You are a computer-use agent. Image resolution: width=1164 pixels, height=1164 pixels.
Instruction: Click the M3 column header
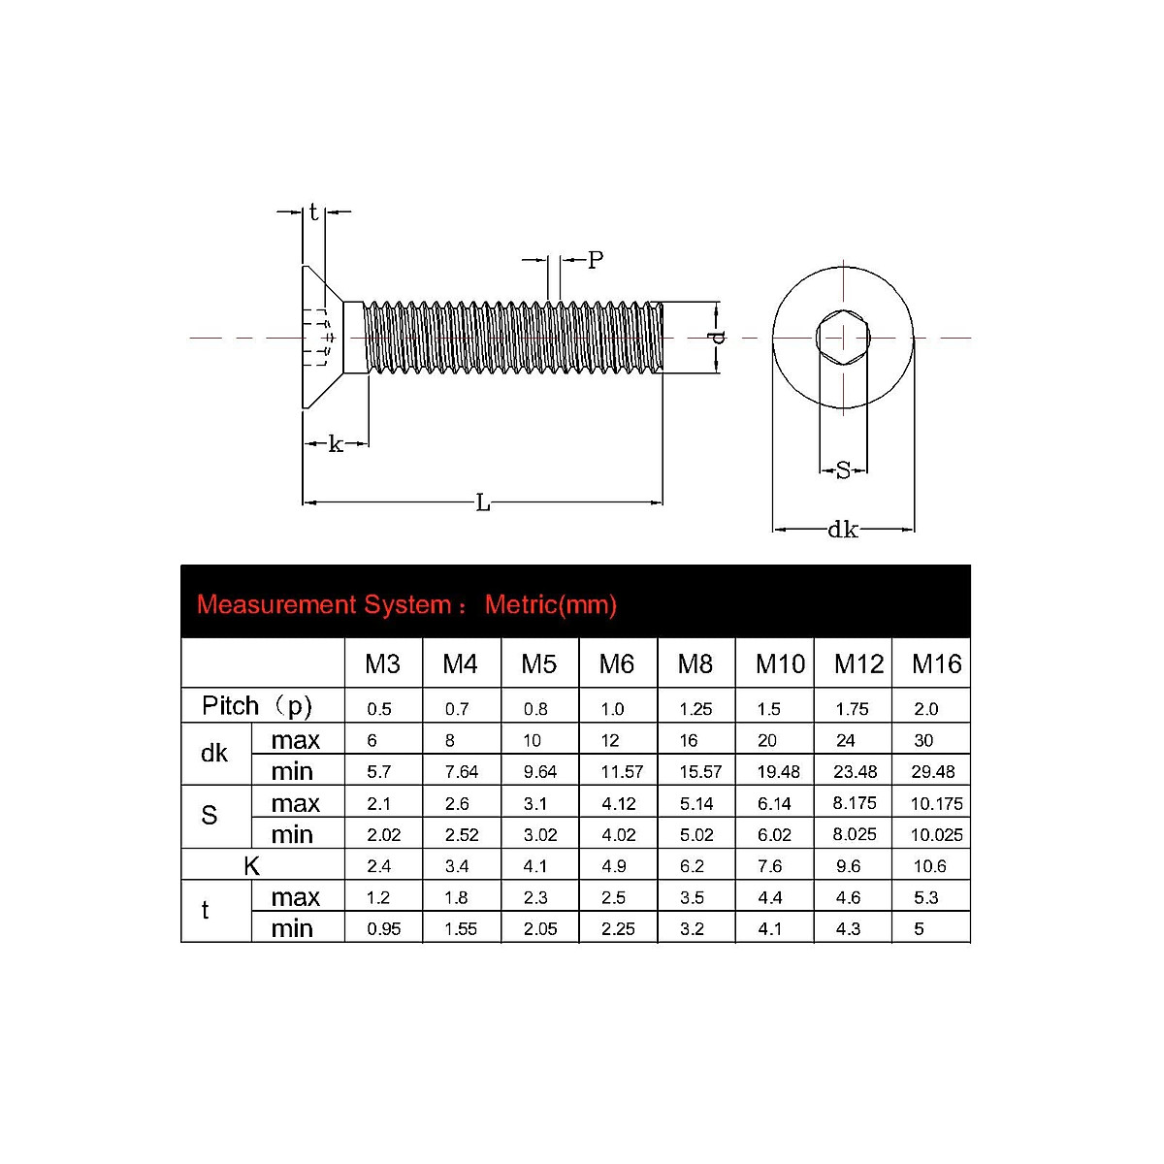point(382,664)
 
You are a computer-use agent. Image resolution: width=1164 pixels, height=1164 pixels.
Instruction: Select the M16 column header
point(936,664)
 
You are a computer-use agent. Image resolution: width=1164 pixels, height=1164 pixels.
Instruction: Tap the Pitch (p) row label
point(257,706)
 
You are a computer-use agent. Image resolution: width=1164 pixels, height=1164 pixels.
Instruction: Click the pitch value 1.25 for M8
point(695,709)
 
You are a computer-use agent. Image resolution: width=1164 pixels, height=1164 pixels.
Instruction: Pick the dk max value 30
point(923,741)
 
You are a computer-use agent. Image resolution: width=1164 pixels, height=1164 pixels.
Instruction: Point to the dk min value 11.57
point(622,772)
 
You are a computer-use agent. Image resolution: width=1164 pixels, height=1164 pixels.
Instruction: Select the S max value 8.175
point(854,803)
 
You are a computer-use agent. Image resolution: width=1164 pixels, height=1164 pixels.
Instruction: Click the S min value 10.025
point(936,834)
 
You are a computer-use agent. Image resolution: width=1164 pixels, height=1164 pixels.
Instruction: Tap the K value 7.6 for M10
point(770,866)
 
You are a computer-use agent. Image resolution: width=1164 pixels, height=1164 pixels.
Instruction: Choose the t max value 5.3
point(925,897)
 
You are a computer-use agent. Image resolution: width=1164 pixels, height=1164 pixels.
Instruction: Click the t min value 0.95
point(384,929)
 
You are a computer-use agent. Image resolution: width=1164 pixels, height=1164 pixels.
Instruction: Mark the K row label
point(252,866)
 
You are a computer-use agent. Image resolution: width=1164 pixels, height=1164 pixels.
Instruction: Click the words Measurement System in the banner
point(324,605)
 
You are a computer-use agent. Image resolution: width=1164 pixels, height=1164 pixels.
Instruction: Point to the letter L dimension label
point(483,502)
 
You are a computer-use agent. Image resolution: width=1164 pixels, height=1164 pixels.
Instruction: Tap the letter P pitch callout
point(596,260)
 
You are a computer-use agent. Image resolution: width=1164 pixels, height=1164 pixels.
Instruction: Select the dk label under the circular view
point(842,530)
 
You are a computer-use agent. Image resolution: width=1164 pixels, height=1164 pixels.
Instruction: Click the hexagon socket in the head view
point(843,338)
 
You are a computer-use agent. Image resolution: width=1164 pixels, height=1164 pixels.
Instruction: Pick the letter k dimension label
point(336,444)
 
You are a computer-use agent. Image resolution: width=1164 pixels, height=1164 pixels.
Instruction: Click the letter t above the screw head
point(313,212)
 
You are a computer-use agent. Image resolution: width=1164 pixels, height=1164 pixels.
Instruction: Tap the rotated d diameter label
point(717,338)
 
